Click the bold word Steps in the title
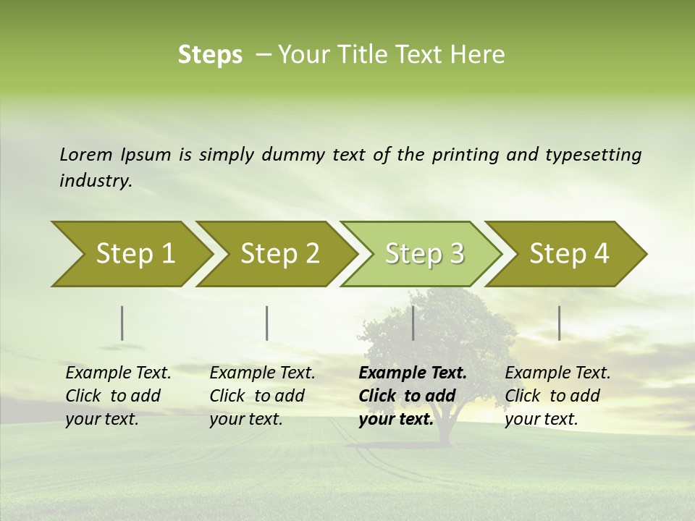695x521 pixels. [210, 55]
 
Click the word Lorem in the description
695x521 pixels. [86, 154]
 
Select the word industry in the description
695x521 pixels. [95, 181]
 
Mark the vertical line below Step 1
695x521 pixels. [122, 323]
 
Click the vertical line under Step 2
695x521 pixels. [267, 323]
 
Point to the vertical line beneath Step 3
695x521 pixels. [413, 323]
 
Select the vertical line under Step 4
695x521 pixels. [560, 323]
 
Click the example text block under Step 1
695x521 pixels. [118, 396]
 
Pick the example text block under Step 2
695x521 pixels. [262, 396]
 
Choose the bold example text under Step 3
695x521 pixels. [413, 396]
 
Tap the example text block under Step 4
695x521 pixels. [557, 396]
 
